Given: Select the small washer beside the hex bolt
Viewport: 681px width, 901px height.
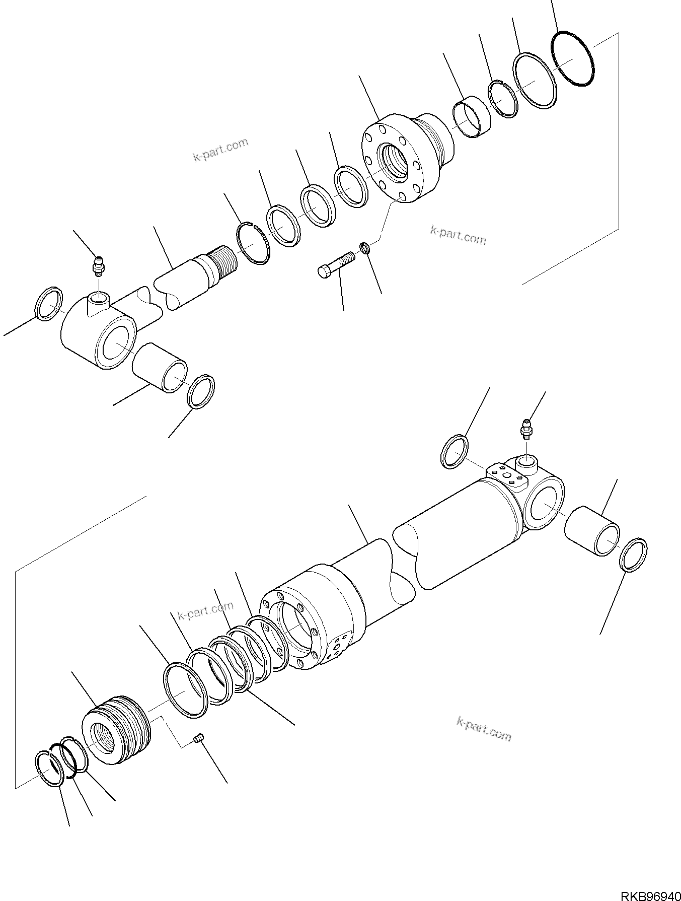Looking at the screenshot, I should pyautogui.click(x=365, y=247).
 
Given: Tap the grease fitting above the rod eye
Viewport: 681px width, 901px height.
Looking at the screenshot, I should pyautogui.click(x=98, y=265).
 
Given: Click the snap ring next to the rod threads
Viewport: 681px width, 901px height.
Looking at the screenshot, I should pyautogui.click(x=253, y=244).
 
